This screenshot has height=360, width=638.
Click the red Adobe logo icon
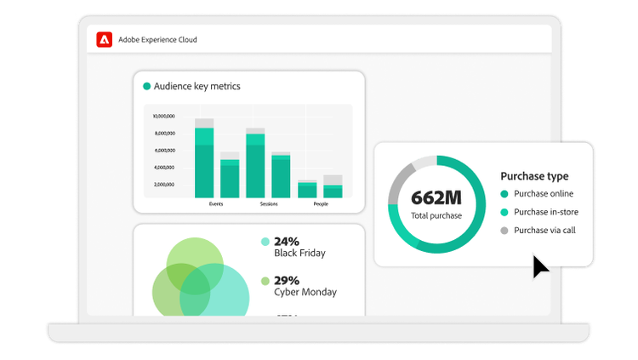[x=105, y=39]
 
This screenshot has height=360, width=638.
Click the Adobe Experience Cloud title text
[x=157, y=40]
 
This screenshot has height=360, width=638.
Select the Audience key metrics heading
[x=197, y=86]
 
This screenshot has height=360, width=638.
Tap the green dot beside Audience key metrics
[x=147, y=86]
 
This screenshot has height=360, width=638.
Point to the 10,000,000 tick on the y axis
[x=163, y=117]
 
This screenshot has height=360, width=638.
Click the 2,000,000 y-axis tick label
[x=163, y=185]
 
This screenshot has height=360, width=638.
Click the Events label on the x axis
[x=216, y=204]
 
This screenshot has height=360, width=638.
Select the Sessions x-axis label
[x=268, y=204]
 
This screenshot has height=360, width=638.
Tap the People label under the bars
[x=320, y=204]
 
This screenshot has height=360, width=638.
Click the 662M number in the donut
[x=436, y=197]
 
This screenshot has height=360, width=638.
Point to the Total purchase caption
[x=436, y=215]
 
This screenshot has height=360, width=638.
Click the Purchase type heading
[x=534, y=176]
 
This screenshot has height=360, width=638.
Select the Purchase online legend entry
[x=544, y=194]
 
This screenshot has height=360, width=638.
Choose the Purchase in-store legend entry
[x=547, y=212]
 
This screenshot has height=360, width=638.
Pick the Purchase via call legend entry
[x=544, y=230]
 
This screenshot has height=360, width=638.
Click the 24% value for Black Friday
[x=288, y=241]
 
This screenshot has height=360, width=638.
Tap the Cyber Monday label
[x=305, y=292]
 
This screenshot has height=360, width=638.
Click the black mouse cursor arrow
[x=539, y=266]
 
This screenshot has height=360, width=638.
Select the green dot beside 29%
[x=265, y=281]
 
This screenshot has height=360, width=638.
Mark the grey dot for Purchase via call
[x=504, y=230]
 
